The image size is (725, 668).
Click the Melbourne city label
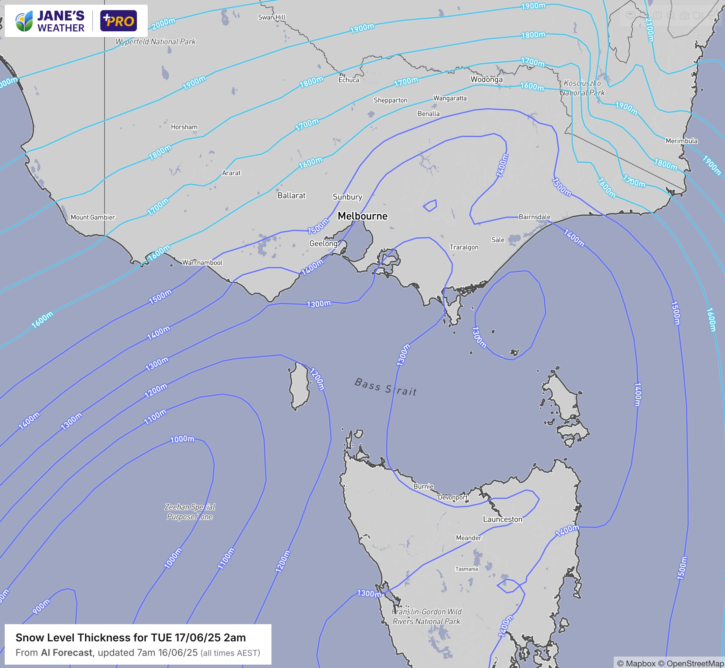[x=362, y=216]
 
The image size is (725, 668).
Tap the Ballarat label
[x=291, y=195]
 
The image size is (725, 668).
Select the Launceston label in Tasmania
[x=503, y=519]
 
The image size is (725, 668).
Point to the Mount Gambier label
[x=93, y=217]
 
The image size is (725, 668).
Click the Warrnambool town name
[x=202, y=263]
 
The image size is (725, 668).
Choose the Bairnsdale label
[x=534, y=217]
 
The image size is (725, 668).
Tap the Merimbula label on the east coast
[x=681, y=141]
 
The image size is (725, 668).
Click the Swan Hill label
[x=271, y=17]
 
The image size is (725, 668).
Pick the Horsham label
[x=184, y=127]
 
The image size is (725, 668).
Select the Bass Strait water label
[x=385, y=387]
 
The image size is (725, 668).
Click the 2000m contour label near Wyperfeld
[x=164, y=24]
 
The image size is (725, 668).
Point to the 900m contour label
[x=41, y=606]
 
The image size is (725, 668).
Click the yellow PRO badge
[x=119, y=21]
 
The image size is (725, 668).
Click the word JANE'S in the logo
[x=61, y=16]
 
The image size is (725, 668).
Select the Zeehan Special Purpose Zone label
[x=190, y=512]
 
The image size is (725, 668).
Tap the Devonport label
[x=453, y=497]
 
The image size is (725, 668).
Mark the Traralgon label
[x=464, y=247]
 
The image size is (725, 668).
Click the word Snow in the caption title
[x=27, y=638]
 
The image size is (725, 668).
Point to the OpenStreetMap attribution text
[x=695, y=664]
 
